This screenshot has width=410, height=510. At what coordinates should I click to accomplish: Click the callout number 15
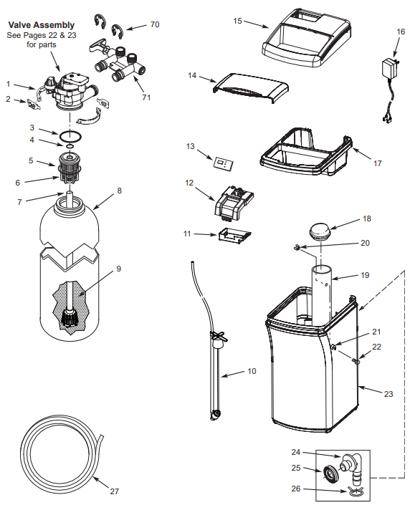237,21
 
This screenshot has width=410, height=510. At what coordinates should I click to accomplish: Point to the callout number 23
389,393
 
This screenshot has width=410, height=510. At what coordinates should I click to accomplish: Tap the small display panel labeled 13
223,163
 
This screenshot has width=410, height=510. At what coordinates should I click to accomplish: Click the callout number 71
146,97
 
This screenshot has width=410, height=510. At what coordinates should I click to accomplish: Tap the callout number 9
119,269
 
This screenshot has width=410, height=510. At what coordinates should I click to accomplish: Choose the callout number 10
251,371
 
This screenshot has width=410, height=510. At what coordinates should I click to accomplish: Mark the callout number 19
366,275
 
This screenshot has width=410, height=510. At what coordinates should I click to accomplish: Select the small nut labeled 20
295,248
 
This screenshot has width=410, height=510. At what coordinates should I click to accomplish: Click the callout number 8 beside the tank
120,191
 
